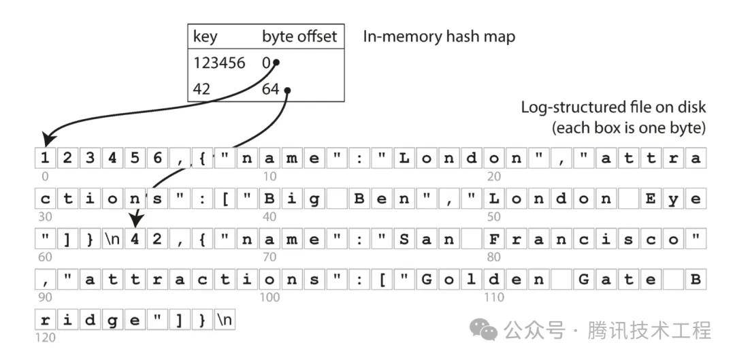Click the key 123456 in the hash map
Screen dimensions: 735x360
(219, 63)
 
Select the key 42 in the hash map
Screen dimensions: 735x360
(201, 88)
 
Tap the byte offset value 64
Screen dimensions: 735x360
(270, 88)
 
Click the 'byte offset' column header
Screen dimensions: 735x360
(299, 37)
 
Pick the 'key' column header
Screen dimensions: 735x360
(206, 37)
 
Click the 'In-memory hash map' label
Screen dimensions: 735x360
(439, 37)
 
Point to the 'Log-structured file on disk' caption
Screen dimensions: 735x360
(614, 108)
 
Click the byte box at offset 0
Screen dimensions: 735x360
(45, 159)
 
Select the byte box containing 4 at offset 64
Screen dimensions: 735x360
(135, 240)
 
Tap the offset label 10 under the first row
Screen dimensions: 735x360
(270, 176)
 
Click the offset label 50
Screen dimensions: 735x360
(493, 216)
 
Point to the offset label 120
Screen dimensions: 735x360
(45, 337)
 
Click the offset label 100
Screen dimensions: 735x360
(270, 297)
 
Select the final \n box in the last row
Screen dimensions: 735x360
(225, 320)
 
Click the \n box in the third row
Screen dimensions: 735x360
(112, 240)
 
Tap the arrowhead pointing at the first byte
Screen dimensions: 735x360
(49, 140)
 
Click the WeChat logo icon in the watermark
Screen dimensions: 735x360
(484, 330)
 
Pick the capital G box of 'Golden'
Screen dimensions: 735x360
(426, 280)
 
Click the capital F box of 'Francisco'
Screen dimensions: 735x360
(493, 240)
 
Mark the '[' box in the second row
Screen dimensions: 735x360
(225, 199)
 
